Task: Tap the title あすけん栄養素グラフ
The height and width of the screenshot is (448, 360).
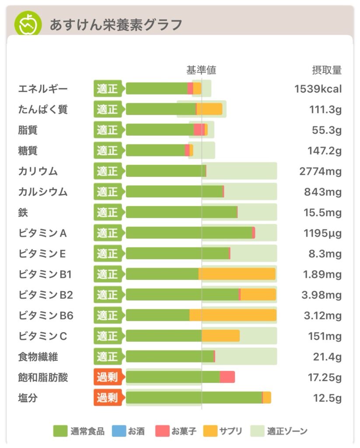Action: [115, 25]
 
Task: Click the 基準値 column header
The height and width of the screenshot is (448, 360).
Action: [201, 70]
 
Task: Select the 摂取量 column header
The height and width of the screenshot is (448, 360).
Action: [326, 70]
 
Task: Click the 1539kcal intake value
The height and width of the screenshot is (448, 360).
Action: [318, 89]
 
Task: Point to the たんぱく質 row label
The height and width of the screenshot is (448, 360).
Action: [43, 109]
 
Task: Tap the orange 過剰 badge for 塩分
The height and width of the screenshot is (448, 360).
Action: [108, 398]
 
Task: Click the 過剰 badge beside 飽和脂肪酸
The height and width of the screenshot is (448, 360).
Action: [108, 377]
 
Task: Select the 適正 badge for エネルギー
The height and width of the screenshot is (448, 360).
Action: [108, 89]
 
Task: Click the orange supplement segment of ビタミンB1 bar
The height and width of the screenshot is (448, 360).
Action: [237, 274]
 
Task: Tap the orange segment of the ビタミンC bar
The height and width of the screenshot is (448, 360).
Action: [220, 336]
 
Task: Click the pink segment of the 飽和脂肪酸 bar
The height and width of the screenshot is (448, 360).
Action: [227, 377]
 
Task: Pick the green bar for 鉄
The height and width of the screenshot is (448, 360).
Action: [181, 212]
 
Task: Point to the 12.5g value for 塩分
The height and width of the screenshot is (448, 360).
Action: [327, 398]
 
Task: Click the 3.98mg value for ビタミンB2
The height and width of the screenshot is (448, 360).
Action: [322, 295]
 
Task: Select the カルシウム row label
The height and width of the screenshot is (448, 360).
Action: [43, 192]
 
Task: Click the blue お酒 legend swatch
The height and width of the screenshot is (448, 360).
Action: [119, 431]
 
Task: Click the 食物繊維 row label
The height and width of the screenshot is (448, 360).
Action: [38, 357]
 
